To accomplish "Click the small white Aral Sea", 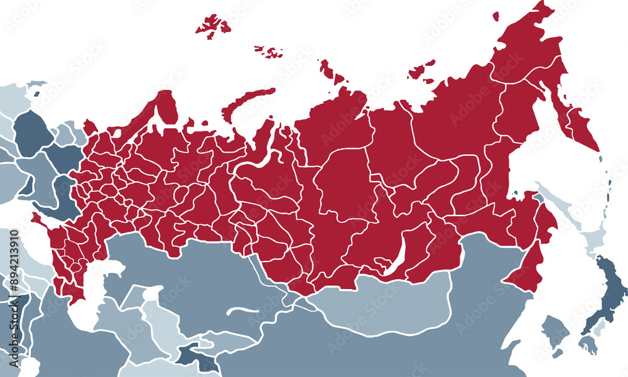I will [151, 295].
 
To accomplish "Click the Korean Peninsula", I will [553, 330].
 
